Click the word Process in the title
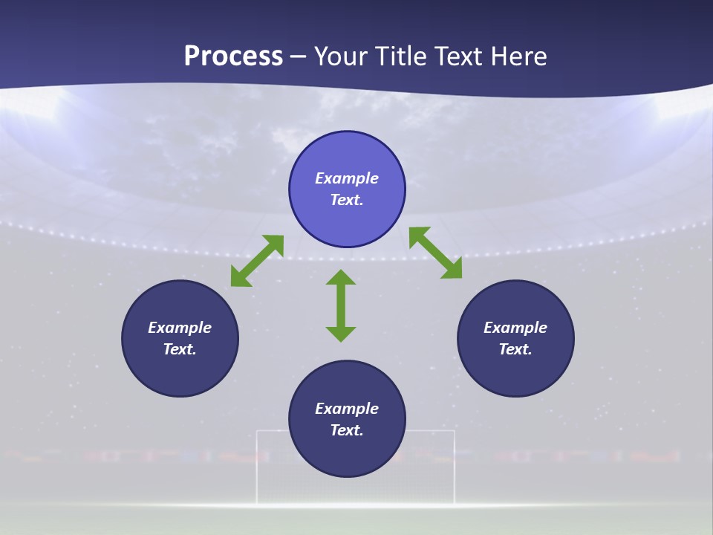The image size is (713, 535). [x=233, y=56]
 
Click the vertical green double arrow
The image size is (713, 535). [x=341, y=306]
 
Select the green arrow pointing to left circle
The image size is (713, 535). [x=257, y=261]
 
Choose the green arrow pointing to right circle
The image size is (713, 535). [x=435, y=253]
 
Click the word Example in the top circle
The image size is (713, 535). [x=347, y=178]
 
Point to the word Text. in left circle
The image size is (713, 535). [x=180, y=349]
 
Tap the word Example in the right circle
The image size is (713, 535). [x=515, y=328]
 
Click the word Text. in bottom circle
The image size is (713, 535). [x=347, y=430]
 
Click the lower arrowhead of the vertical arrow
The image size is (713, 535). [x=341, y=334]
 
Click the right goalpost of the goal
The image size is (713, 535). [x=454, y=468]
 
